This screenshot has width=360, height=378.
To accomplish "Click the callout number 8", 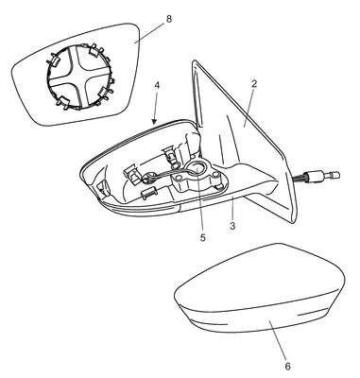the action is tap(169, 19).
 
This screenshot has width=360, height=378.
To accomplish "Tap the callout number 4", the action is tap(158, 86).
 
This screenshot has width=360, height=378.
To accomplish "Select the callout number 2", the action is tap(254, 83).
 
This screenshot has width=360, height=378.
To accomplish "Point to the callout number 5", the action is tap(202, 237).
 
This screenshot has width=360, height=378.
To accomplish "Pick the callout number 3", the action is tap(232, 226).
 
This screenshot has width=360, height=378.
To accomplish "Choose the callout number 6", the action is tap(287, 367).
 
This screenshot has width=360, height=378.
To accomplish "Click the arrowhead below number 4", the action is tap(154, 121).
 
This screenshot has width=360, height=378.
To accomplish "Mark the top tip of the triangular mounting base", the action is tap(195, 60).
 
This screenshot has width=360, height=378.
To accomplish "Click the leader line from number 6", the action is tap(278, 339).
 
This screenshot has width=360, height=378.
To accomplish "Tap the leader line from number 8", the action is tap(149, 33).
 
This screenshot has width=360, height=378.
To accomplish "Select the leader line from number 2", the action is tap(249, 107).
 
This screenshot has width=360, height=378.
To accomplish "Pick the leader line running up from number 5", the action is tap(199, 200).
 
